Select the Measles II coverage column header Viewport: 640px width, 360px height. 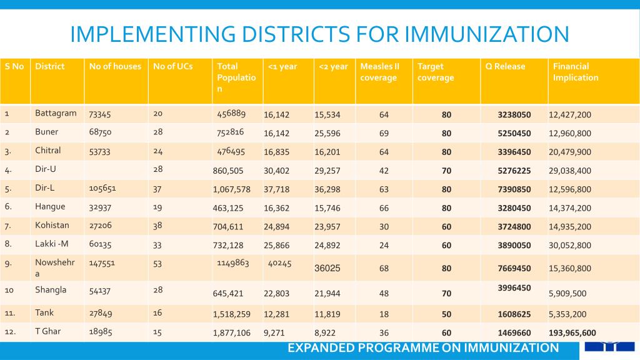(x=379, y=72)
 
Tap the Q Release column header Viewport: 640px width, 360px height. (x=505, y=66)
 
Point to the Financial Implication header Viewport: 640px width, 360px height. (x=576, y=72)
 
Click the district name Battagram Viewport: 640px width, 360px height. (x=56, y=113)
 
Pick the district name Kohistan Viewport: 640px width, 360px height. (x=52, y=225)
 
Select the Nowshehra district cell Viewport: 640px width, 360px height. (x=55, y=267)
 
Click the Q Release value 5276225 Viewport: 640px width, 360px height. (x=514, y=171)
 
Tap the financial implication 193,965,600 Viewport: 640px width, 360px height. (x=572, y=333)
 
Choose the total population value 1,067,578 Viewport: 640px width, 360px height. (x=231, y=189)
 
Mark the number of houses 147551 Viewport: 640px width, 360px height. (x=102, y=263)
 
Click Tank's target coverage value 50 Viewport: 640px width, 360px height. (x=446, y=314)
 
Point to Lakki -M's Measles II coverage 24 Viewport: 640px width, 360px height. (x=384, y=245)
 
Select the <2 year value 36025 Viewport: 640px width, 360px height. (x=327, y=268)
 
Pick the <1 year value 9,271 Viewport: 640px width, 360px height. (x=274, y=333)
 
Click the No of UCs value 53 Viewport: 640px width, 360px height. (x=157, y=264)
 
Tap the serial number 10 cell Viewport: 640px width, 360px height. (x=9, y=290)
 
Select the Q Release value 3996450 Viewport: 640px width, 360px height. (x=514, y=287)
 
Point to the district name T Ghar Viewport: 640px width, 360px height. (x=47, y=331)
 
